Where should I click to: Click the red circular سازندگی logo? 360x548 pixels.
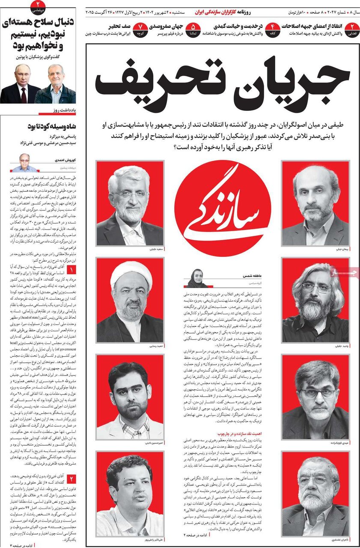223,208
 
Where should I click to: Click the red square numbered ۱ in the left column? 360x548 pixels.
71,270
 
